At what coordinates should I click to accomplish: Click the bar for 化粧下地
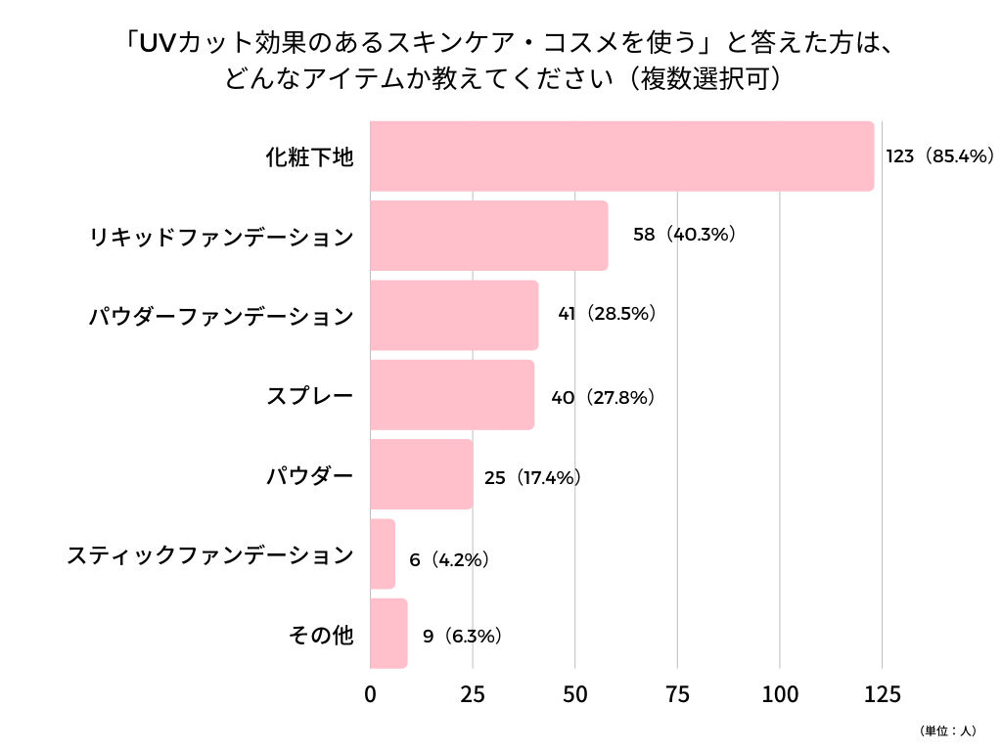[621, 156]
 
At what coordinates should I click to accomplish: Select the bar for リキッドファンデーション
[489, 236]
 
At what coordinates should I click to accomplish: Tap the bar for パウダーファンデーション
[455, 315]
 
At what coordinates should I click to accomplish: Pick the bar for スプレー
[453, 395]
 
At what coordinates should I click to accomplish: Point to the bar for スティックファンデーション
[383, 554]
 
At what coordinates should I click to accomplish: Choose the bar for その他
[388, 634]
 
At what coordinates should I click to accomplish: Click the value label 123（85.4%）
[940, 156]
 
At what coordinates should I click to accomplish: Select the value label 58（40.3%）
[684, 236]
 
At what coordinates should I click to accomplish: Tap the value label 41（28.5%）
[607, 315]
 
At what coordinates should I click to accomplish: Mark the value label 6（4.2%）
[449, 560]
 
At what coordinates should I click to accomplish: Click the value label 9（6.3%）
[463, 637]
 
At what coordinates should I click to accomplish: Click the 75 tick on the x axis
[677, 695]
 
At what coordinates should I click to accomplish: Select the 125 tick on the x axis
[882, 695]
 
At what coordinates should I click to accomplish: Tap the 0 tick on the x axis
[371, 695]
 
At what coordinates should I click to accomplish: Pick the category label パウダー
[309, 476]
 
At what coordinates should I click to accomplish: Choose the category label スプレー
[309, 396]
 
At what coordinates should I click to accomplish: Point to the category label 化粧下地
[309, 156]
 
